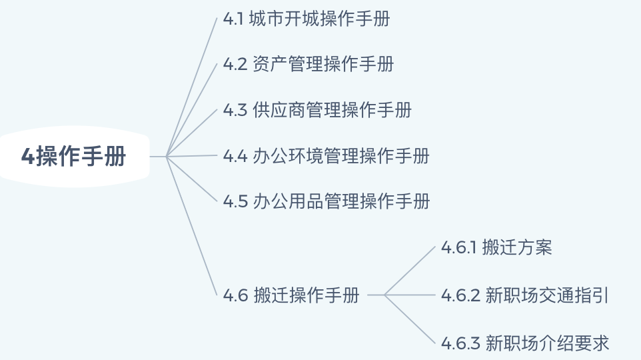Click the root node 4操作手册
[73, 157]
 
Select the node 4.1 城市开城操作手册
[307, 19]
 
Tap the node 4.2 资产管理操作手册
[309, 64]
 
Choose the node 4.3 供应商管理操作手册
[317, 110]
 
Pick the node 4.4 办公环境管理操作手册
[326, 156]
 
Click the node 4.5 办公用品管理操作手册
[326, 201]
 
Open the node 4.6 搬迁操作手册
[291, 295]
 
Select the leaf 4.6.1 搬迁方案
[496, 248]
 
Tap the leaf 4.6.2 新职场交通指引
[524, 295]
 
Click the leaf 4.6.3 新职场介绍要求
[524, 344]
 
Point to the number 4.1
[233, 19]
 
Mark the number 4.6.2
[460, 295]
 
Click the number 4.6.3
[460, 344]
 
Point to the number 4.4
[235, 156]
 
